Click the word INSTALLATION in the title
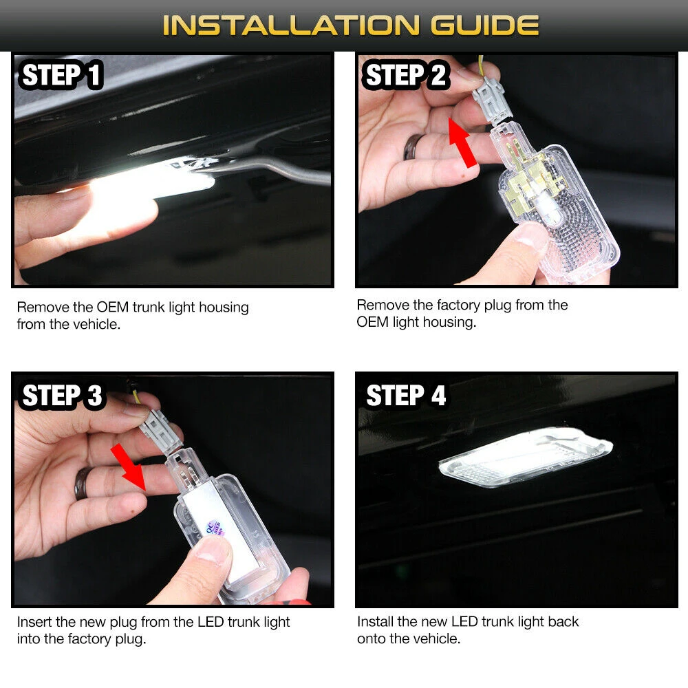291,25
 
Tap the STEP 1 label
61,74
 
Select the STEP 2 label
405,74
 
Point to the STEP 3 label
61,396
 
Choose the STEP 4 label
406,396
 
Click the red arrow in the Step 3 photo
129,467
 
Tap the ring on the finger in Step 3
83,483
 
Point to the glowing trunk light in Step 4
526,458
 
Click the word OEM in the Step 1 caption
113,307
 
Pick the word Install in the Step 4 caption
375,621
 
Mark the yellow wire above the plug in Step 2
482,66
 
